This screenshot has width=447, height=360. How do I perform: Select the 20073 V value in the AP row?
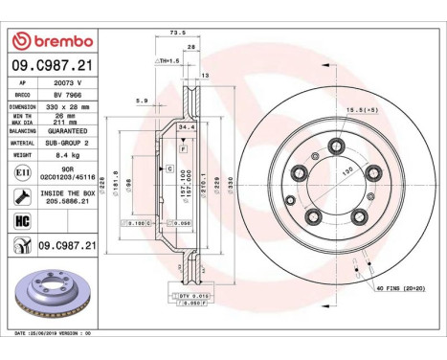(65, 83)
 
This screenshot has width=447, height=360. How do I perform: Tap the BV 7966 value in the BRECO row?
(65, 96)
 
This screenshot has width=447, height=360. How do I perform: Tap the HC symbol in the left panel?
(20, 223)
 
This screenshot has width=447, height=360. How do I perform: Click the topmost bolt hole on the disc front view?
(336, 146)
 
